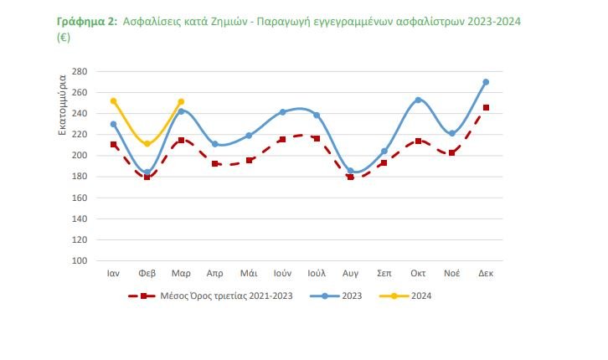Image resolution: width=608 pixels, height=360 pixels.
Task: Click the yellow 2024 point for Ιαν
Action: point(113,101)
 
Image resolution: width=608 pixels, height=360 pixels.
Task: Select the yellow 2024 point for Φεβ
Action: point(147,144)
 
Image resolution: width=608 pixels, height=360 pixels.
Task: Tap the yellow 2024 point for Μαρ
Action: point(181,102)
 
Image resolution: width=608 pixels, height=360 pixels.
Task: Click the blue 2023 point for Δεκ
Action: point(486,82)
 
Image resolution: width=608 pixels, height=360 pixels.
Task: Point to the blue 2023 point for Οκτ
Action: point(418,100)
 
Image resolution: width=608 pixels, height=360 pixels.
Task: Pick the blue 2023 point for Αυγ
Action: point(350,171)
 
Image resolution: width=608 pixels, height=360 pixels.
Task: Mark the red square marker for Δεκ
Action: point(486,108)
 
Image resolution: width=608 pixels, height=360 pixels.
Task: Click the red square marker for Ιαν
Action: point(113,145)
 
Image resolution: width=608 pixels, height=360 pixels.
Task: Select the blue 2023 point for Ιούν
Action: point(282,112)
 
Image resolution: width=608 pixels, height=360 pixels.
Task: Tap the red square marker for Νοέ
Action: point(451,152)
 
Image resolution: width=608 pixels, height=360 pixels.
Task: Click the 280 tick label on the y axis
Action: point(80,71)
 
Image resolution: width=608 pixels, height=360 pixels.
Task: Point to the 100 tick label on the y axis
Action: point(80,260)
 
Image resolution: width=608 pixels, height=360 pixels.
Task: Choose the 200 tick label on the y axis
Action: point(80,156)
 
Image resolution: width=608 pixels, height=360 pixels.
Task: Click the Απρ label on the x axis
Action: point(214,274)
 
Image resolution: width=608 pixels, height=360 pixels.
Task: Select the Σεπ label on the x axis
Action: point(384,274)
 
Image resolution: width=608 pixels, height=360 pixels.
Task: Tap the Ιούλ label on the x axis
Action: point(316,274)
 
